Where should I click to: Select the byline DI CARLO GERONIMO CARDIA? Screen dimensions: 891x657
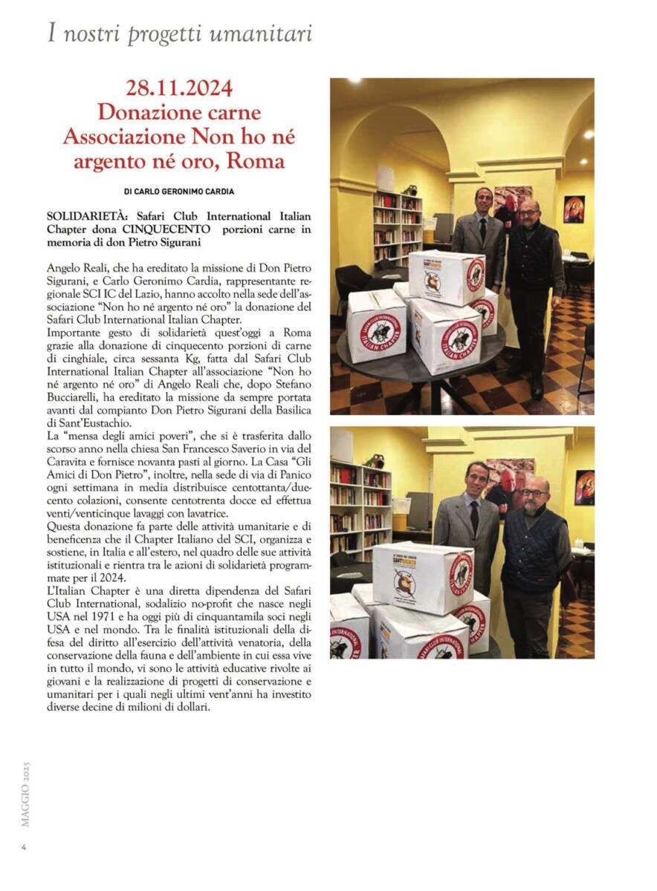(179, 192)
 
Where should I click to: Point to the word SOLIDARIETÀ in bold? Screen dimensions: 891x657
(84, 215)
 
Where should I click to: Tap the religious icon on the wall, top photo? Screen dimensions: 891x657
(574, 209)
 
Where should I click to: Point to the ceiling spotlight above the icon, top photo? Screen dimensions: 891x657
(587, 134)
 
